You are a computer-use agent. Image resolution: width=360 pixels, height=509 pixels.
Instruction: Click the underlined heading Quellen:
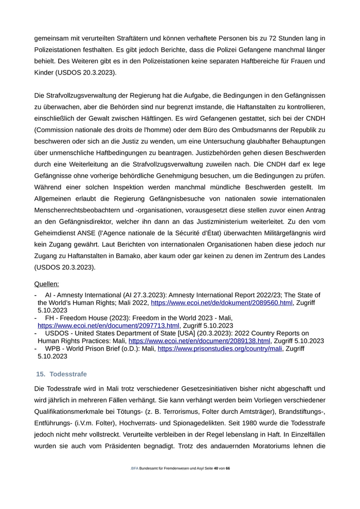coord(46,284)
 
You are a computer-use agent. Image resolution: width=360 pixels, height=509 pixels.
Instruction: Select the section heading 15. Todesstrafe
coord(61,374)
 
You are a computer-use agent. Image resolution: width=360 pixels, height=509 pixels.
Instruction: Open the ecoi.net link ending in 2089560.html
coord(222,303)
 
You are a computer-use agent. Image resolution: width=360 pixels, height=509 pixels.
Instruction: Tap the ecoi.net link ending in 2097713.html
coord(108,325)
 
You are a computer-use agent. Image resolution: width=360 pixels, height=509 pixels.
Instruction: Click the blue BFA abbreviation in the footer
coord(135,483)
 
